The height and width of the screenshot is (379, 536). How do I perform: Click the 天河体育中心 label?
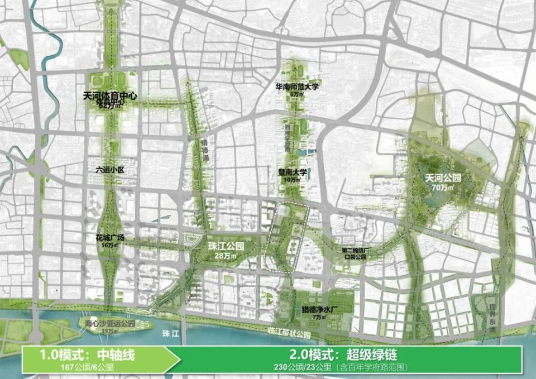click(x=109, y=96)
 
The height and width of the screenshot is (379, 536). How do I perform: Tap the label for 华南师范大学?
click(x=296, y=87)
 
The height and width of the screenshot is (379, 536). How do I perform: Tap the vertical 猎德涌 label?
click(x=204, y=150)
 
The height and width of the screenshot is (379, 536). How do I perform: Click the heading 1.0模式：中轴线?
click(x=88, y=354)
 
